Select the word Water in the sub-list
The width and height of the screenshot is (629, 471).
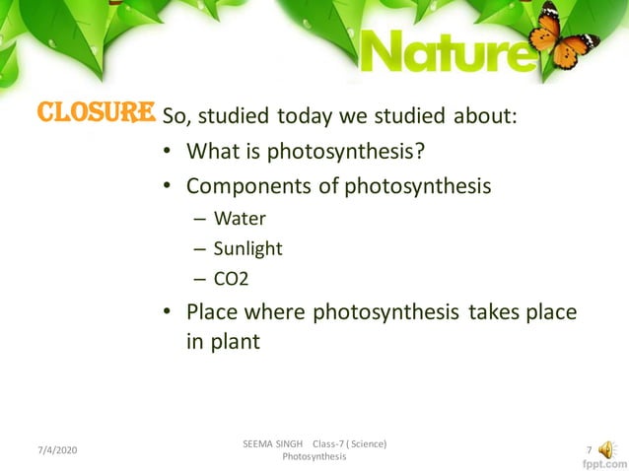coord(241,218)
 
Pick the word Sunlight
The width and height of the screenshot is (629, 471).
coord(248,248)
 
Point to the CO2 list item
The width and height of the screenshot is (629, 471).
coord(232,279)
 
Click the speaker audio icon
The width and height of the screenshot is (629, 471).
coord(606,450)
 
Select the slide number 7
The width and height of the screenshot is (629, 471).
coord(589,450)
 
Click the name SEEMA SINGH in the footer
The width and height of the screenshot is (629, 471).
coord(272,444)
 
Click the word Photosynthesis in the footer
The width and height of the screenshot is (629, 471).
coord(314,458)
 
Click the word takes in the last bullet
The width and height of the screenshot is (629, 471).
coord(492,313)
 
